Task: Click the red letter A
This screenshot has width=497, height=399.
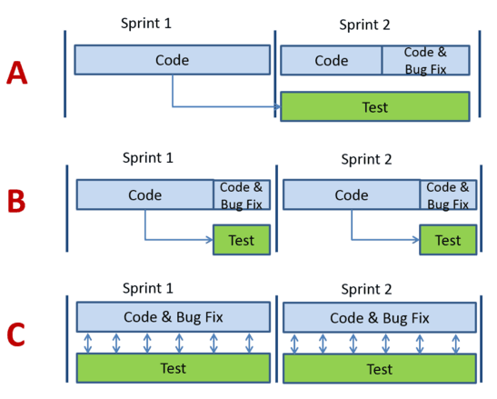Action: click(x=17, y=73)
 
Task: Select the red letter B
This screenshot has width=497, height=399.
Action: click(x=16, y=201)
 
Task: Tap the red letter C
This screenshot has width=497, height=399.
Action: click(x=15, y=334)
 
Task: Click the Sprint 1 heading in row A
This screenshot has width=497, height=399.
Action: click(x=146, y=24)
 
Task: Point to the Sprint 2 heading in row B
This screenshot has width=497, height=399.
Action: click(x=366, y=159)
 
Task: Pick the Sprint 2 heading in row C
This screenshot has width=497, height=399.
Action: click(x=366, y=289)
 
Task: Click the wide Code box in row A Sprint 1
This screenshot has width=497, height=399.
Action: click(x=173, y=60)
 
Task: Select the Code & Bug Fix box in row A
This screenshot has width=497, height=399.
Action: click(x=426, y=60)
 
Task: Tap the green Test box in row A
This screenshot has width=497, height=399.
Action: click(x=375, y=106)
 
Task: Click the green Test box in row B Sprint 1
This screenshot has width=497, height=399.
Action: click(x=242, y=240)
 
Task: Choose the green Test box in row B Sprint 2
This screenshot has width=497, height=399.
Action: click(x=448, y=240)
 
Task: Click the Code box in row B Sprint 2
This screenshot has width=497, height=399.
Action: click(x=352, y=195)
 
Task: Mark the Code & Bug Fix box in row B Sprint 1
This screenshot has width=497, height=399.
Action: click(x=242, y=195)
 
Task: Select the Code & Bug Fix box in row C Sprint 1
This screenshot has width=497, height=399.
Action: click(x=174, y=317)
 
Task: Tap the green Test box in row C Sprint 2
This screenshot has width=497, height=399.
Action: click(x=380, y=368)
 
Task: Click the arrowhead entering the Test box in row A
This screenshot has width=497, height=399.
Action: click(x=278, y=106)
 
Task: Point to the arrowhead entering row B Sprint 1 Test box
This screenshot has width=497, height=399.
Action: click(x=210, y=239)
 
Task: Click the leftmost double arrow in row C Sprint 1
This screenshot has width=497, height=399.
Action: click(x=88, y=343)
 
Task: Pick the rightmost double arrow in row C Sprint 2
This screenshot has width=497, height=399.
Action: click(x=456, y=344)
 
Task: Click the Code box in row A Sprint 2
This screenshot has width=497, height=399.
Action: click(x=332, y=60)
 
